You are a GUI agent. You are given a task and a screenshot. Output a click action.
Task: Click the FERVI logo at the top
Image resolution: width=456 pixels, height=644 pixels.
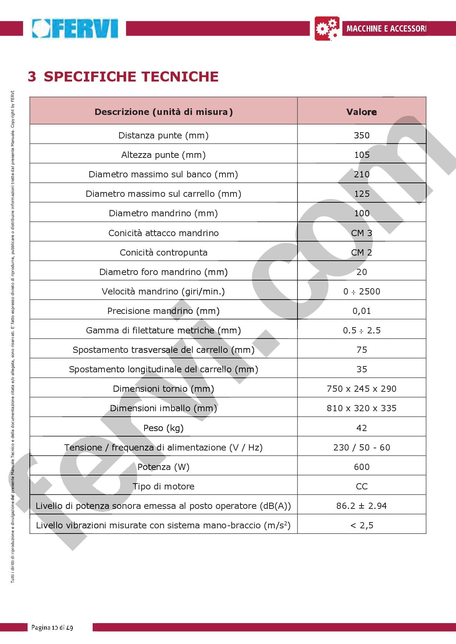[75, 29]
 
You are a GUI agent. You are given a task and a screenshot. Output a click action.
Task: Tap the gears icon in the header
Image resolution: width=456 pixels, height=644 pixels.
[327, 28]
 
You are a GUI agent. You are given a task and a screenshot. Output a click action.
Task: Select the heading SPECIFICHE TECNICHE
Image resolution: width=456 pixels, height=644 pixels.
[131, 76]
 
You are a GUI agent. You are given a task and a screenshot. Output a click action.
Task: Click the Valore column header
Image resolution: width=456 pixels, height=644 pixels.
[361, 112]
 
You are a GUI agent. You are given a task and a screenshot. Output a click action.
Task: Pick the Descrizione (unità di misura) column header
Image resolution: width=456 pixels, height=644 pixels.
[164, 112]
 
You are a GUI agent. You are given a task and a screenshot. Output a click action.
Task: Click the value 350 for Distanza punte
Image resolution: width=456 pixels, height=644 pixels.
[361, 135]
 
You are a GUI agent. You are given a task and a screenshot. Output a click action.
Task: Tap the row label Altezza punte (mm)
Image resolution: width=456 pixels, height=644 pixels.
[164, 155]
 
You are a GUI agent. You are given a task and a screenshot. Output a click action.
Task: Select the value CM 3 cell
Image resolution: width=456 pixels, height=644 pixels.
[361, 233]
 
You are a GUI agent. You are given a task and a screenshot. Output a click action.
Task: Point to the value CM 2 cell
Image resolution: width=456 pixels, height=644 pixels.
[361, 253]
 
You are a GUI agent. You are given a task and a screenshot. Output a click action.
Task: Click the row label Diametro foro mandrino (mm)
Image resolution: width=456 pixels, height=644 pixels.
[164, 272]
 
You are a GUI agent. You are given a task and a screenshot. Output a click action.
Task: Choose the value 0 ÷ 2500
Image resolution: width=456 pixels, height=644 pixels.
[361, 292]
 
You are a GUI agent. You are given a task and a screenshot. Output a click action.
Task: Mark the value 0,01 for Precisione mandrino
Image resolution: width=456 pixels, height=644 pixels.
[361, 311]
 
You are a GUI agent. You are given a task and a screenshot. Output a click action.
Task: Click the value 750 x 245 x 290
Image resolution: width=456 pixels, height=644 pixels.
[361, 389]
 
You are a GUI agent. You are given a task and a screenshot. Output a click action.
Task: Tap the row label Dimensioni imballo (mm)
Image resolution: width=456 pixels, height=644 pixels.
[164, 408]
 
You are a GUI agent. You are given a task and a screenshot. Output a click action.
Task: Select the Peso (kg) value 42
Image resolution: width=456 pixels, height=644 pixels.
[361, 428]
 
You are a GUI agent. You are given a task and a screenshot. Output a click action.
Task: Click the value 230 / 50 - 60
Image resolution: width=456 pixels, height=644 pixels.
[361, 448]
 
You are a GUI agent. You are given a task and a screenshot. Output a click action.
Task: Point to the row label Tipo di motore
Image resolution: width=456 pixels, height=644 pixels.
[164, 486]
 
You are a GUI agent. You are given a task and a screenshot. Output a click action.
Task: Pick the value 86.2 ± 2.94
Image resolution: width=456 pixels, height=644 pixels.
[361, 506]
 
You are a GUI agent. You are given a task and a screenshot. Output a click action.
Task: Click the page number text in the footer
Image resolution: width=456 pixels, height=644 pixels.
[52, 627]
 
